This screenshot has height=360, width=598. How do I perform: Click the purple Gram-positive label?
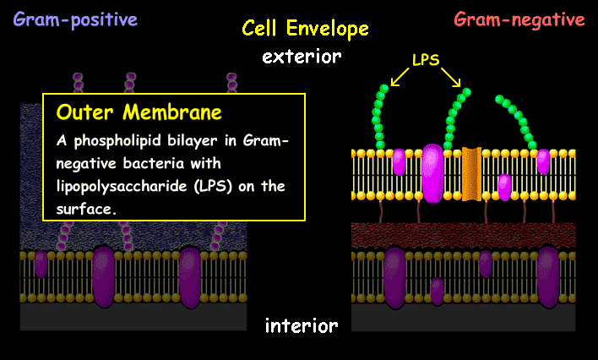75,19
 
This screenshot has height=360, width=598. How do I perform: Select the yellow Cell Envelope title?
305,29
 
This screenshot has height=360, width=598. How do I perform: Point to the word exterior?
302,57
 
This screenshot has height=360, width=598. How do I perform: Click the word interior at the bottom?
302,325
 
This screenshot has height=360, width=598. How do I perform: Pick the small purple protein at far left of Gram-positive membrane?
41,265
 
